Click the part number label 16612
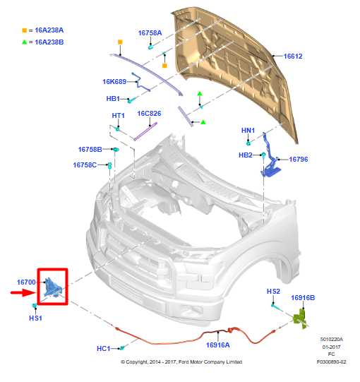click(293, 56)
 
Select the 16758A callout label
click(150, 32)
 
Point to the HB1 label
click(113, 100)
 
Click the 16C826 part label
click(149, 114)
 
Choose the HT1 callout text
click(118, 116)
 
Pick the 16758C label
click(85, 165)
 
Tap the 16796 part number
click(299, 160)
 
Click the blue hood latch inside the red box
click(53, 287)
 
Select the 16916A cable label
click(218, 345)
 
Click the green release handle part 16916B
click(301, 318)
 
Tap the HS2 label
click(273, 292)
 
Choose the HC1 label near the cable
click(104, 349)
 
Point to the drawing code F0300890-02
click(331, 362)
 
